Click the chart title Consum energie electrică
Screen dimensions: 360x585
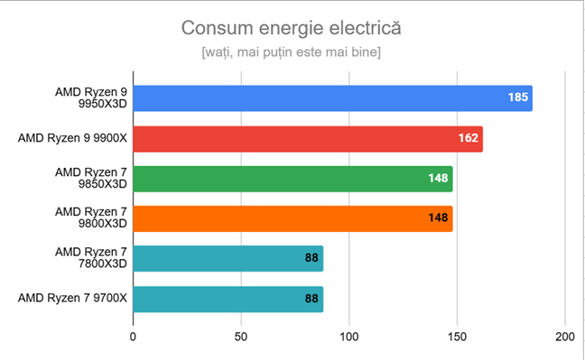292,28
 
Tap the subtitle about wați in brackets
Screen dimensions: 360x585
292,53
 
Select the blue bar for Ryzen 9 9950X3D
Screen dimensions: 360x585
332,98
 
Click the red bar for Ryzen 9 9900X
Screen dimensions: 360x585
307,139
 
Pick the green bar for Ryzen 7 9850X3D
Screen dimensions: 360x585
292,179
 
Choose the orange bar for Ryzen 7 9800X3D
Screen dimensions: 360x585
292,218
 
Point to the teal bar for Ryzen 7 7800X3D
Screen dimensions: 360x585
227,258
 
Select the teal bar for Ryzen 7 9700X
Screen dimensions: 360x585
227,299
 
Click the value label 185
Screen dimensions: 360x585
517,98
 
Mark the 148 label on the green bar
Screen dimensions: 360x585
438,179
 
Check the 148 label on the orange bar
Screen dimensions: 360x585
438,218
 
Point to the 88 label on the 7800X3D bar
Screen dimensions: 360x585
311,258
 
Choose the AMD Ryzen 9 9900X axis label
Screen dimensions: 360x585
71,139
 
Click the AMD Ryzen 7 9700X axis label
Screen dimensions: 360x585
71,299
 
